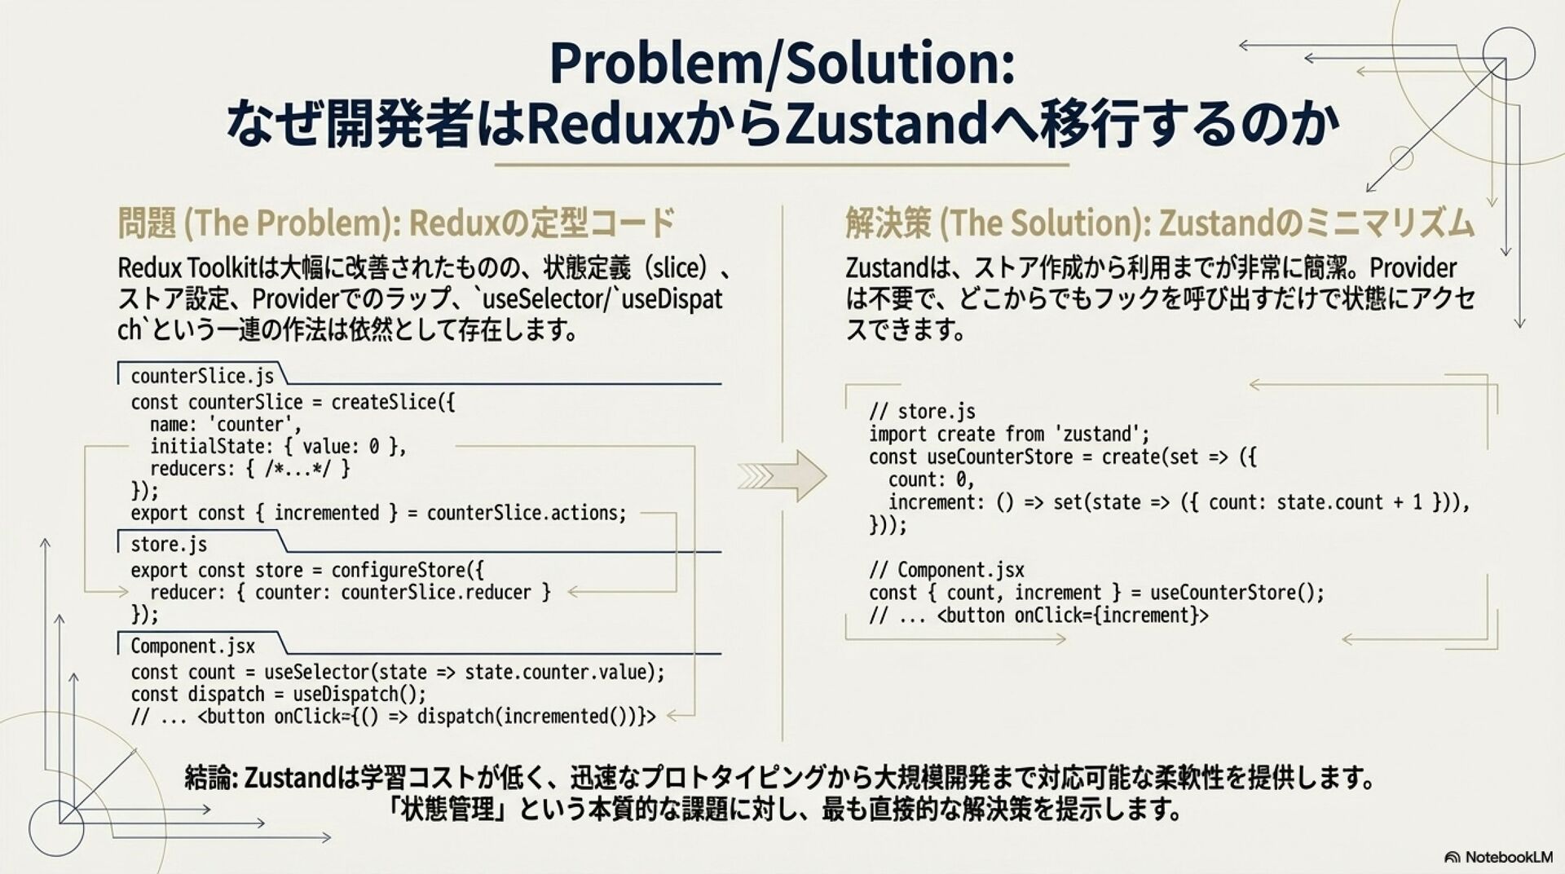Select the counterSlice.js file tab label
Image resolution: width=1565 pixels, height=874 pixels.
[201, 376]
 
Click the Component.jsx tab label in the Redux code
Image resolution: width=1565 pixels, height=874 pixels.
[192, 646]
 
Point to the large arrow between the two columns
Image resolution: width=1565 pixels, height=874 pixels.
[782, 475]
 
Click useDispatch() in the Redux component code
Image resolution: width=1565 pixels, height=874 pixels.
[359, 694]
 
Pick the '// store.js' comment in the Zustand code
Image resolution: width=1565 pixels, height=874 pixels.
[922, 411]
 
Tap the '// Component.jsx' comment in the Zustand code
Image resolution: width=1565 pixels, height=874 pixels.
[946, 570]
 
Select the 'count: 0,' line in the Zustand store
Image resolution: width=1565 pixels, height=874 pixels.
[931, 479]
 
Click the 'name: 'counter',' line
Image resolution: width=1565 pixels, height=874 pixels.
[225, 424]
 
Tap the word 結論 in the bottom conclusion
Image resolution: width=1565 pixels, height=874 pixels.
[209, 777]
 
